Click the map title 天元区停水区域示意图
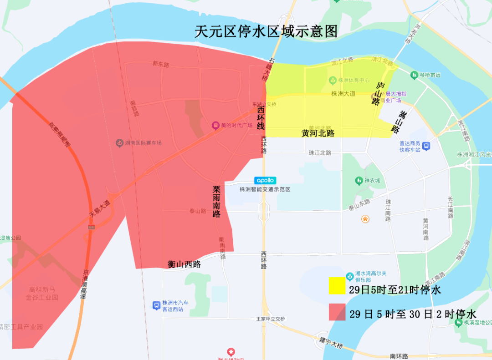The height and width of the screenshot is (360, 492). pos(266,31)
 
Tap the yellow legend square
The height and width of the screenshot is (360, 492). pos(337,286)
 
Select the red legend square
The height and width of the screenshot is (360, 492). pos(337,313)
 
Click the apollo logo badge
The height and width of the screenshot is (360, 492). pos(265,180)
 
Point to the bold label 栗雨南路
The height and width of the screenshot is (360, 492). pos(217,201)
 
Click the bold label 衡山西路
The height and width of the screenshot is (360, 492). pos(184,264)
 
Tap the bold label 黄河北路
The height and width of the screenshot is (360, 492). pos(318,133)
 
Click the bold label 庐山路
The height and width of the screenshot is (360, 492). pos(378,94)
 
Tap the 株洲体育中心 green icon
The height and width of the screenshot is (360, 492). pos(333,81)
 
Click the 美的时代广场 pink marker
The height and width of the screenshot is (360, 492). pos(215,125)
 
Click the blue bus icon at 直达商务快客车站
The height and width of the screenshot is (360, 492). pos(426,146)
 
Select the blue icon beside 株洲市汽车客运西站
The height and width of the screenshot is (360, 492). pos(156,304)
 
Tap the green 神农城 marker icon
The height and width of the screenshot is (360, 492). pos(358,181)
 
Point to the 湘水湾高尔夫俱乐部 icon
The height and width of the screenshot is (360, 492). pos(349,276)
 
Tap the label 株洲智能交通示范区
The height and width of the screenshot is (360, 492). pos(265,189)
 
